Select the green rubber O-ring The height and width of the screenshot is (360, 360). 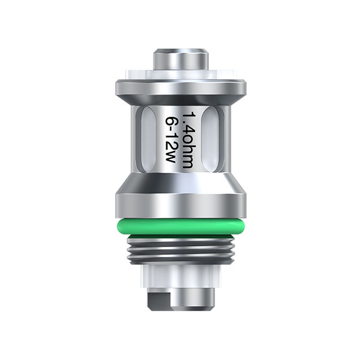(x=180, y=227)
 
